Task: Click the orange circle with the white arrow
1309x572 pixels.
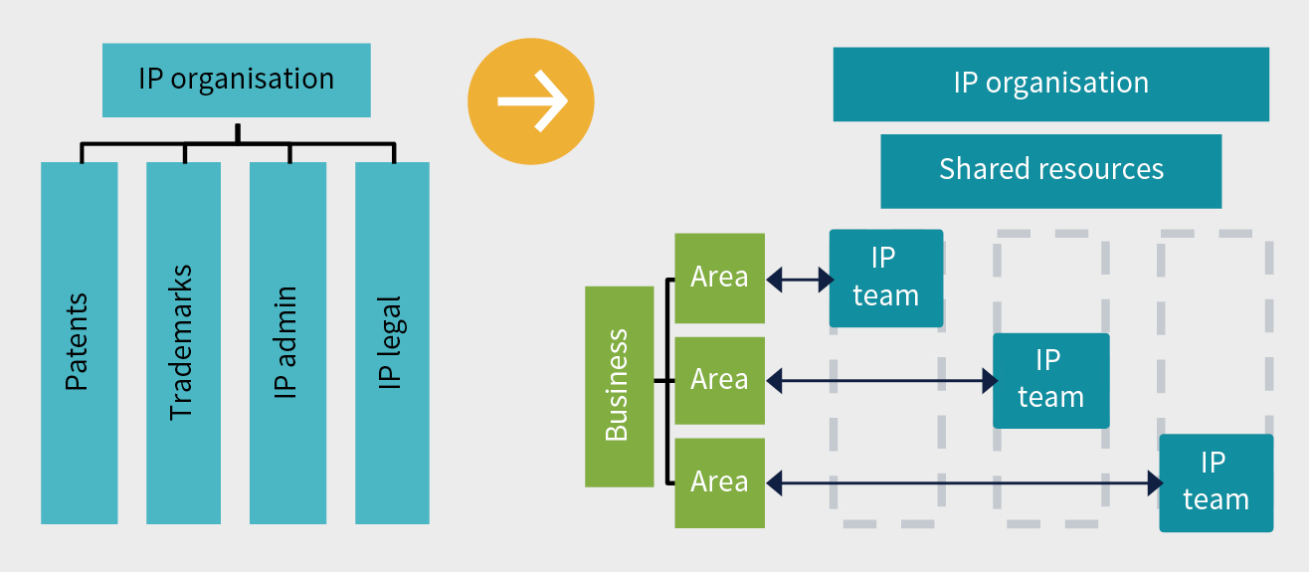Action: point(531,100)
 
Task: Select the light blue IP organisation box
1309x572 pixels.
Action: point(236,80)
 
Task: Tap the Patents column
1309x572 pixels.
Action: point(79,342)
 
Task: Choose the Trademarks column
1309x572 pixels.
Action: point(183,342)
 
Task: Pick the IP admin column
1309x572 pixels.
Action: point(287,342)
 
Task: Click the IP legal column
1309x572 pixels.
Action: point(392,342)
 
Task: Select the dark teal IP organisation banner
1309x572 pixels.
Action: point(1050,84)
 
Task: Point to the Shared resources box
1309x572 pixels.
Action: point(1050,170)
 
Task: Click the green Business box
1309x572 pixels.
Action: point(619,386)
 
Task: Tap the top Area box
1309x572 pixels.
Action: point(719,278)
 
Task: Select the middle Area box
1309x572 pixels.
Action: point(719,380)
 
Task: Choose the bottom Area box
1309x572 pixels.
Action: point(719,482)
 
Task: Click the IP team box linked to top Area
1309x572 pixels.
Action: point(885,278)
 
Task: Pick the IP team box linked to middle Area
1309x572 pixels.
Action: point(1050,380)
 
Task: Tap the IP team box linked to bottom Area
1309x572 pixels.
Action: point(1215,482)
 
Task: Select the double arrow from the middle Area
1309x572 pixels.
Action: point(880,380)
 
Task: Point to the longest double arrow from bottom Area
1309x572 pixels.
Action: point(963,483)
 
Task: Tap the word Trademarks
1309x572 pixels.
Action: point(181,342)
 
